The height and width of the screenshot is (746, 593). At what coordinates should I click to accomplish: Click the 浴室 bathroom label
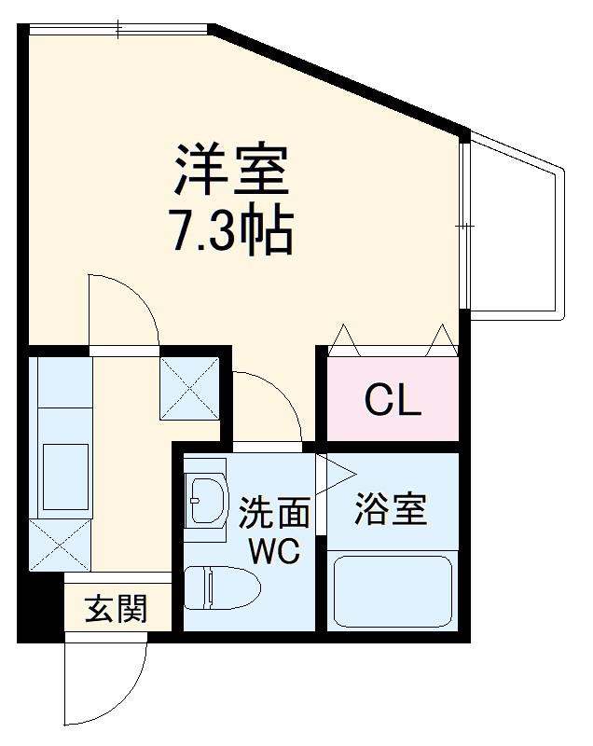point(392,509)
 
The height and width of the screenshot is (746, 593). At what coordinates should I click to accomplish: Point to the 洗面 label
point(274,512)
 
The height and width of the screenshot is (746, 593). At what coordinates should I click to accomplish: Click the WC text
point(273,551)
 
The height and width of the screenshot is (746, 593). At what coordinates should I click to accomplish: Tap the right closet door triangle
point(442,337)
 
